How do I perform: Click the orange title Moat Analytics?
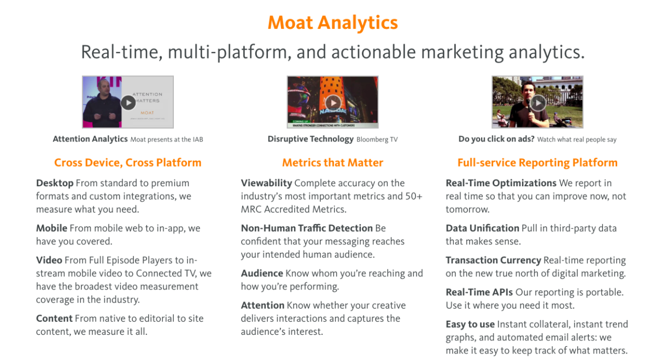click(332, 23)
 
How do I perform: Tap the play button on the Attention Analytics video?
click(127, 102)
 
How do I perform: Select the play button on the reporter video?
click(538, 102)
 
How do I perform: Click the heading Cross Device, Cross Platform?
click(127, 163)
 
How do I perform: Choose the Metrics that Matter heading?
click(332, 163)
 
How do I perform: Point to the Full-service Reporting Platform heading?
click(537, 163)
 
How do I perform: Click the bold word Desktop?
click(55, 183)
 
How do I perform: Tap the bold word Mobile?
click(51, 228)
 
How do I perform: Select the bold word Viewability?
click(266, 183)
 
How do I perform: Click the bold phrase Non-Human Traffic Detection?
click(307, 228)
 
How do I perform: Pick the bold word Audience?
click(262, 273)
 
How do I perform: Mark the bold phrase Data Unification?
click(482, 228)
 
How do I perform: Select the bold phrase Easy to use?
click(470, 324)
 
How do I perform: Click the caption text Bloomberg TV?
click(377, 140)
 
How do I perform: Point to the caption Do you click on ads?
click(496, 139)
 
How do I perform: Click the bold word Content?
click(54, 318)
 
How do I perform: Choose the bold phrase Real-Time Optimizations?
click(501, 183)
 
